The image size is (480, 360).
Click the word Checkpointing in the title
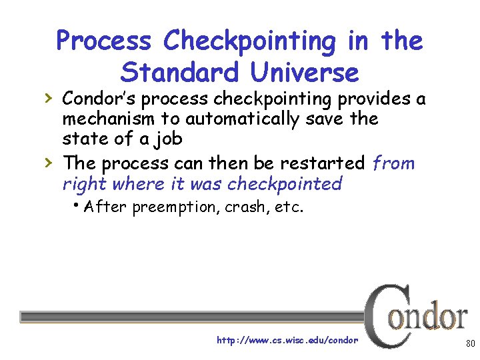(251, 41)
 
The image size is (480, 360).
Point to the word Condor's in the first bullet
(100, 99)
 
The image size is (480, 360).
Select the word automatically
(225, 119)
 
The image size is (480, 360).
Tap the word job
(168, 140)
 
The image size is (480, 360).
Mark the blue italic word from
(393, 163)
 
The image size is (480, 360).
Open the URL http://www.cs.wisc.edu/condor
(287, 341)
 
